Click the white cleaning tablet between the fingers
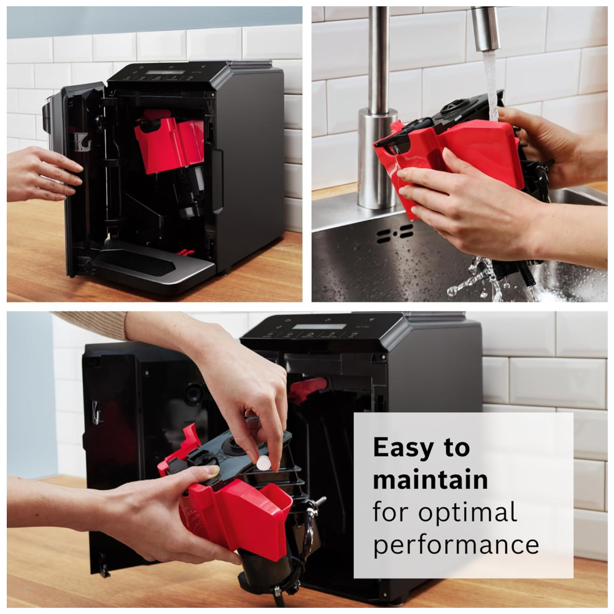[263, 463]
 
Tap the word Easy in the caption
[403, 448]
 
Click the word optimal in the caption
[468, 513]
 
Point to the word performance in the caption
[456, 545]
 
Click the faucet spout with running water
[485, 29]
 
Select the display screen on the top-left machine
[165, 73]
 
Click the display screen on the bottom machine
[319, 327]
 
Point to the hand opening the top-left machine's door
[44, 174]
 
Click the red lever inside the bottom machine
[308, 387]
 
